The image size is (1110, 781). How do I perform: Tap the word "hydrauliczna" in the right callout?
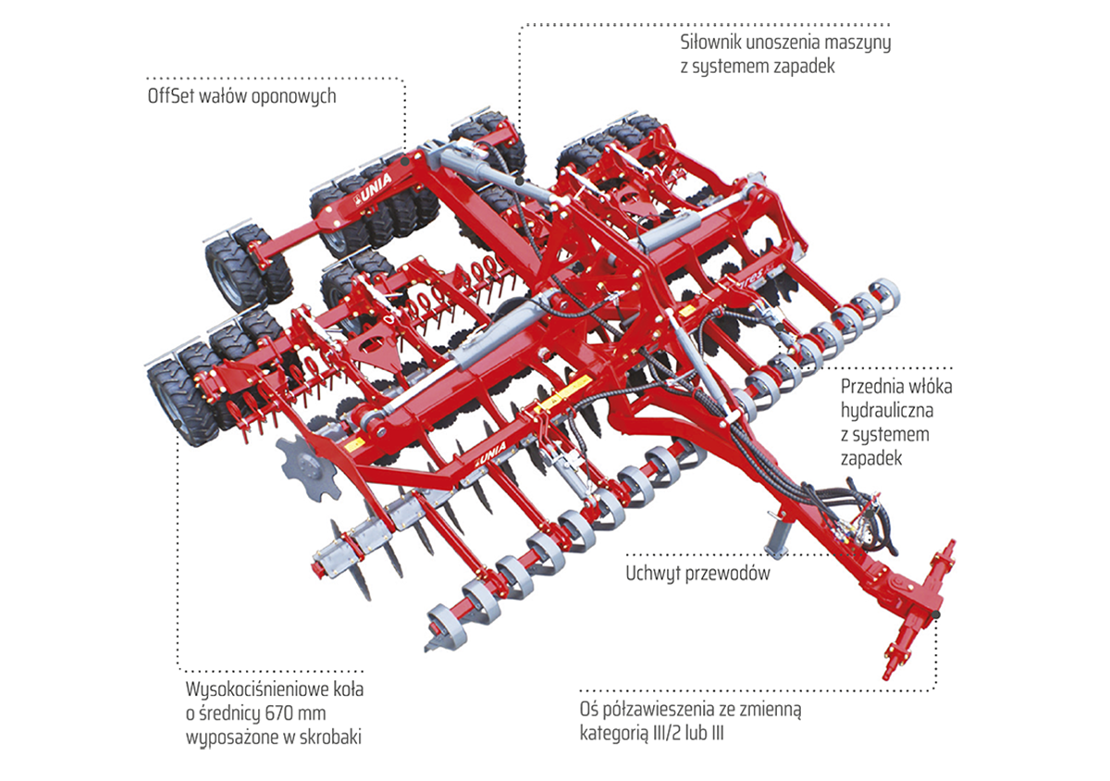[x=886, y=410]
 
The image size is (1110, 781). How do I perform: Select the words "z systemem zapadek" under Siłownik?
[x=758, y=67]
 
